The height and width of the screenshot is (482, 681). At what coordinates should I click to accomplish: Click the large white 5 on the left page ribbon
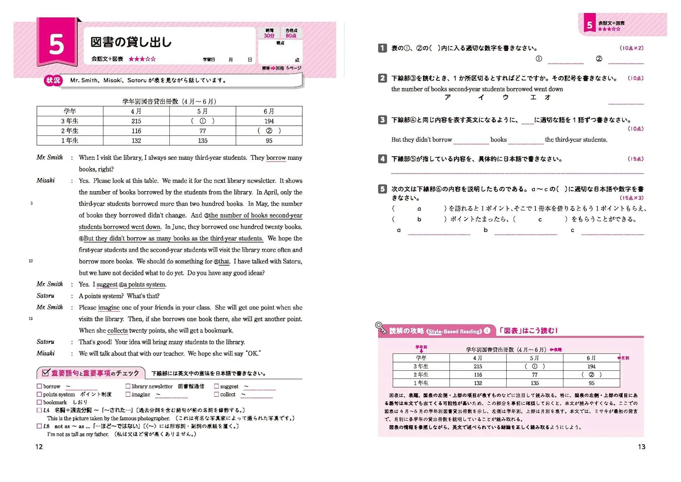pyautogui.click(x=56, y=45)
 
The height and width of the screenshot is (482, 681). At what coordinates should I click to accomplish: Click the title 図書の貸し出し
pyautogui.click(x=131, y=42)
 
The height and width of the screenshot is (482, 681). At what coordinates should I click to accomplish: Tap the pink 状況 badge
pyautogui.click(x=53, y=80)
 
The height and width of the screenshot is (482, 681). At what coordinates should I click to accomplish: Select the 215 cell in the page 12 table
pyautogui.click(x=136, y=121)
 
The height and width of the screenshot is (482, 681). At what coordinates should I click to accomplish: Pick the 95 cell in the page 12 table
pyautogui.click(x=269, y=141)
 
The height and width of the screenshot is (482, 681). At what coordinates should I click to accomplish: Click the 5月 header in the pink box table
pyautogui.click(x=534, y=358)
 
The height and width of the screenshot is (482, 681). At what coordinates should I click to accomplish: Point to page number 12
pyautogui.click(x=39, y=447)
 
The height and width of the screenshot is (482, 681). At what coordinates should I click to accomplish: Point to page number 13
pyautogui.click(x=642, y=447)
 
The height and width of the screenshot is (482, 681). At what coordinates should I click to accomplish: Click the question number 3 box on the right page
pyautogui.click(x=382, y=120)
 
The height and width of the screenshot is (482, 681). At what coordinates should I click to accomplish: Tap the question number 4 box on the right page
pyautogui.click(x=382, y=159)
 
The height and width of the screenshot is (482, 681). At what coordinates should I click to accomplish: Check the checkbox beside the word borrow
pyautogui.click(x=39, y=387)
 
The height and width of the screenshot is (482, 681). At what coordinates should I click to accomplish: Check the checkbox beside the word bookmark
pyautogui.click(x=39, y=402)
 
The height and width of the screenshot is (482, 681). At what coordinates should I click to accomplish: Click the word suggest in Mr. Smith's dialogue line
pyautogui.click(x=107, y=285)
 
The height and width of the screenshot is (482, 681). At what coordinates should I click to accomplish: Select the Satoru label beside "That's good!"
pyautogui.click(x=45, y=342)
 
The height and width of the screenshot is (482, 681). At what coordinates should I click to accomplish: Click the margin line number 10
pyautogui.click(x=31, y=261)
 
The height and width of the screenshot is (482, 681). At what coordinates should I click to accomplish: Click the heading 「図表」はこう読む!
pyautogui.click(x=528, y=331)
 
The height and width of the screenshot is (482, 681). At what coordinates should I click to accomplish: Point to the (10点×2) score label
pyautogui.click(x=632, y=48)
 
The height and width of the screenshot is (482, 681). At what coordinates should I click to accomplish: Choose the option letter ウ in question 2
pyautogui.click(x=505, y=97)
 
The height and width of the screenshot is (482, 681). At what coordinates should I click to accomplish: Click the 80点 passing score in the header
pyautogui.click(x=291, y=35)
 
